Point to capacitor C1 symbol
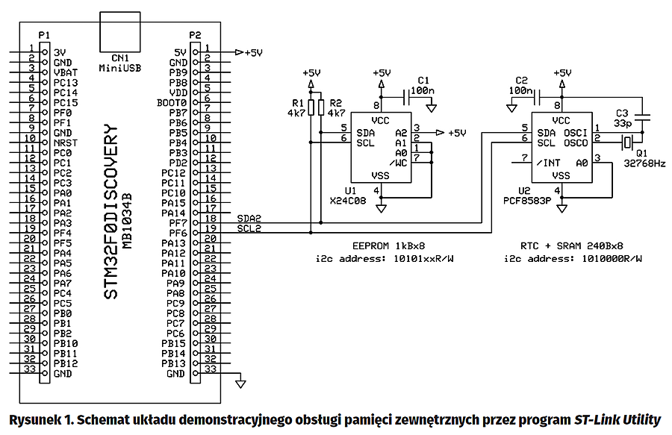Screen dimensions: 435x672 [408, 97]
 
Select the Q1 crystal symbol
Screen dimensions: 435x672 [628, 142]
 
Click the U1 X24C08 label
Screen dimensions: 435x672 [347, 196]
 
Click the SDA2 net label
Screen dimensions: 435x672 [249, 217]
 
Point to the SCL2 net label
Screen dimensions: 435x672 [249, 228]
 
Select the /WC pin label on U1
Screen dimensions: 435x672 [399, 162]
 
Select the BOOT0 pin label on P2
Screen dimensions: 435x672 [171, 101]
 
